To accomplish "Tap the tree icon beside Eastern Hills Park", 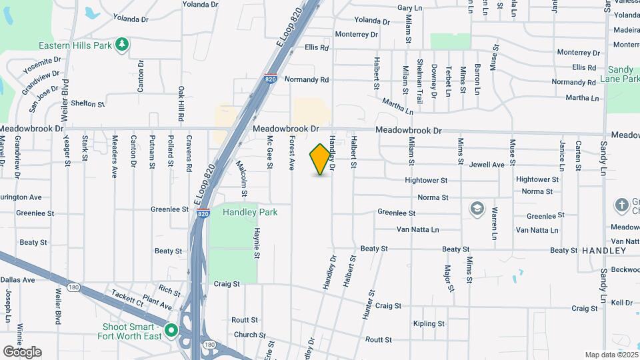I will [122, 45].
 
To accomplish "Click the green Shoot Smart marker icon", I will [171, 331].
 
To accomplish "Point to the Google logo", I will [22, 351].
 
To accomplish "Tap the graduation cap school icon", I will [477, 209].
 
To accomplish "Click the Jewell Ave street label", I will [487, 165].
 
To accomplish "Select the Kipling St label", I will [428, 324].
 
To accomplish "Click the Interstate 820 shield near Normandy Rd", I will [271, 79].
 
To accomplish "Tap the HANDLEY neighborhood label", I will [604, 251].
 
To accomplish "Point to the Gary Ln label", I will [410, 7].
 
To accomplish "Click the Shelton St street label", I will [88, 104].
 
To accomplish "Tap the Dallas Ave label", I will [17, 280].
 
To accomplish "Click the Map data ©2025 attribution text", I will [610, 355].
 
